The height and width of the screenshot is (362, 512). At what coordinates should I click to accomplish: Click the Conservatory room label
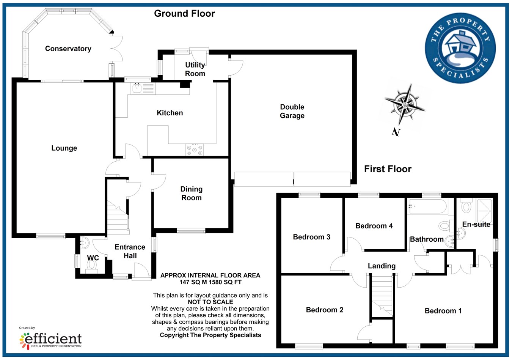click(x=68, y=49)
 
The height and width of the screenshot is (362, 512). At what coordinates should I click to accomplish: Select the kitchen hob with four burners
click(x=195, y=150)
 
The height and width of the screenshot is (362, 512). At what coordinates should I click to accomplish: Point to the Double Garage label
click(x=292, y=111)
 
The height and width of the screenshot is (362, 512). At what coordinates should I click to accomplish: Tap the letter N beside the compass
click(x=396, y=132)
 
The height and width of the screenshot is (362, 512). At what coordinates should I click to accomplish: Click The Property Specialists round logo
click(x=460, y=48)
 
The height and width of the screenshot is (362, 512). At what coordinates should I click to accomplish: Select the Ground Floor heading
click(x=184, y=14)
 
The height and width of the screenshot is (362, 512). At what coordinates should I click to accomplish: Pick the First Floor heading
click(x=388, y=169)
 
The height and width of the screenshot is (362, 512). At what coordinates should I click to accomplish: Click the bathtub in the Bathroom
click(x=427, y=207)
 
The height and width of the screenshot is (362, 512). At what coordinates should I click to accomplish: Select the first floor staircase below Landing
click(x=382, y=296)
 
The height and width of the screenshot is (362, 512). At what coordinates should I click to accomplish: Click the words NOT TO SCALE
click(x=210, y=302)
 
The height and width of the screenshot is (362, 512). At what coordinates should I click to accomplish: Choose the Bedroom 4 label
click(x=374, y=226)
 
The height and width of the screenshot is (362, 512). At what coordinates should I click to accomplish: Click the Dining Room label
click(x=192, y=193)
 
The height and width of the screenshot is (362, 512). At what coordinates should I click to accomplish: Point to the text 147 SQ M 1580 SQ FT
click(x=210, y=282)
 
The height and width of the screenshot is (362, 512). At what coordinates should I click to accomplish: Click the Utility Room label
click(x=195, y=69)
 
